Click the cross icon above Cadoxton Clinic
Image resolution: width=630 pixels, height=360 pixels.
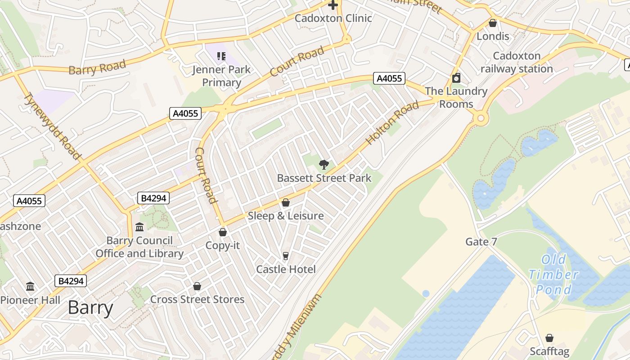[x=333, y=5]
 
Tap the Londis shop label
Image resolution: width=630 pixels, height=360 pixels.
[x=493, y=36]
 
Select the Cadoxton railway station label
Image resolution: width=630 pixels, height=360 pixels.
[x=517, y=63]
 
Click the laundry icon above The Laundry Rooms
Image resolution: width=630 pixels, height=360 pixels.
[x=456, y=78]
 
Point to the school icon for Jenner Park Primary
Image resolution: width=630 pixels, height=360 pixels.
[x=221, y=56]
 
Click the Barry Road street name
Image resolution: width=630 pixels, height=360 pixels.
[x=97, y=68]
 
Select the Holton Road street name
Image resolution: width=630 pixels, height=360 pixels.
[x=392, y=123]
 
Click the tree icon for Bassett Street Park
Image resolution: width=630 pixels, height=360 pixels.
[x=324, y=165]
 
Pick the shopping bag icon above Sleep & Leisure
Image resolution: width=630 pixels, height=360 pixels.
[x=285, y=202]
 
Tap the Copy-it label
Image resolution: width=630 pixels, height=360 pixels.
[x=222, y=246]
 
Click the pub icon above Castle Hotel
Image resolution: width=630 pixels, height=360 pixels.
[x=285, y=256]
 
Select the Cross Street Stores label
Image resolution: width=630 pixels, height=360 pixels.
[x=197, y=299]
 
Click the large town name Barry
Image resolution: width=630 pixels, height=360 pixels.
[x=90, y=308]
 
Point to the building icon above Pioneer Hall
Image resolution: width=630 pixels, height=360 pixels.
[x=30, y=286]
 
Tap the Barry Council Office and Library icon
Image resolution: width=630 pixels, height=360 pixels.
[x=139, y=227]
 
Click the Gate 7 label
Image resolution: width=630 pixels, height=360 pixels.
[x=481, y=242]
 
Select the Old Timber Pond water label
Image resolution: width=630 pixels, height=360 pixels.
[x=553, y=274]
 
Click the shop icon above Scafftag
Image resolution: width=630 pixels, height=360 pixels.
[x=549, y=338]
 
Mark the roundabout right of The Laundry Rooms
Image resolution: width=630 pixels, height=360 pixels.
[x=481, y=119]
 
